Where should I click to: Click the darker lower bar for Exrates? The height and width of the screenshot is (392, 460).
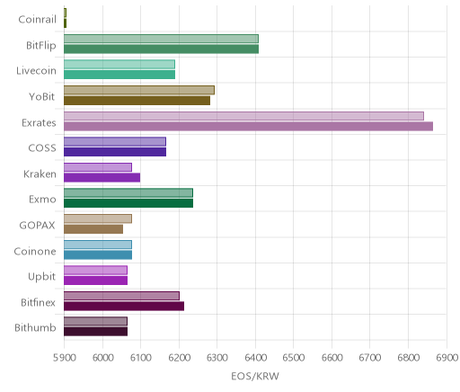248,127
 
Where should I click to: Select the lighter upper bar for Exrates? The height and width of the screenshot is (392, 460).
243,116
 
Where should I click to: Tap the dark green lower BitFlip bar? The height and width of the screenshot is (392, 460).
161,49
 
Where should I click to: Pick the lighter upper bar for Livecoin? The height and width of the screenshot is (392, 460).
119,65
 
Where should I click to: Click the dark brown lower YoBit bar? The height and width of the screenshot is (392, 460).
137,101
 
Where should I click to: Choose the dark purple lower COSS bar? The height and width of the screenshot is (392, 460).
115,152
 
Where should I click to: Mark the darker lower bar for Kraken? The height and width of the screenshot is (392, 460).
102,178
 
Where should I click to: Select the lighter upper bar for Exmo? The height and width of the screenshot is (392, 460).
128,193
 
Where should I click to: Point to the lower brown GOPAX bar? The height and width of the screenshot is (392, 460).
93,229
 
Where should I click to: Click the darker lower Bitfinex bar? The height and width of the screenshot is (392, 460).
124,307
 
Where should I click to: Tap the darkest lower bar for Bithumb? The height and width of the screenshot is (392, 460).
95,332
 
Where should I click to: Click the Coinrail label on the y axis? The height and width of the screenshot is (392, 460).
37,20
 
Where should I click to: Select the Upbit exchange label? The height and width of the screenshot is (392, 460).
41,277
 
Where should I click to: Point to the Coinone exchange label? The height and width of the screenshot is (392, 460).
35,251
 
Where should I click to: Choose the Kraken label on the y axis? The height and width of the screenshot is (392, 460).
40,174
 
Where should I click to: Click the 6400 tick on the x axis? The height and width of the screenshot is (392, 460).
255,358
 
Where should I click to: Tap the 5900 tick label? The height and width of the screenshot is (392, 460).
64,358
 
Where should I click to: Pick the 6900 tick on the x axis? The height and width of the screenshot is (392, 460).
447,358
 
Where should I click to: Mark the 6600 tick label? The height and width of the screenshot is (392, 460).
332,358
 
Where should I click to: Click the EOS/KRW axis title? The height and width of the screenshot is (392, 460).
255,376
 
